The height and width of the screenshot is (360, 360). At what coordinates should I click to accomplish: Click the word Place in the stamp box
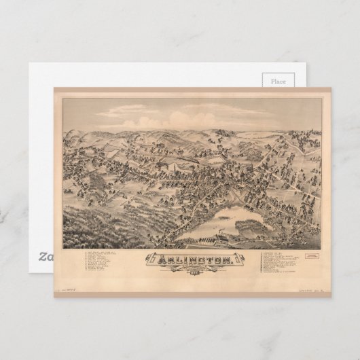[x=278, y=81]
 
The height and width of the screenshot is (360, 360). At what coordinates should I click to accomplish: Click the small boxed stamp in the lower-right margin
[x=312, y=256]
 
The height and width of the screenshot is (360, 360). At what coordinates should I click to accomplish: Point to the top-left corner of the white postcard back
[x=29, y=65]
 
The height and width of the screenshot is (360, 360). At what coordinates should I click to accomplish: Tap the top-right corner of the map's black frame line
[x=323, y=98]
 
